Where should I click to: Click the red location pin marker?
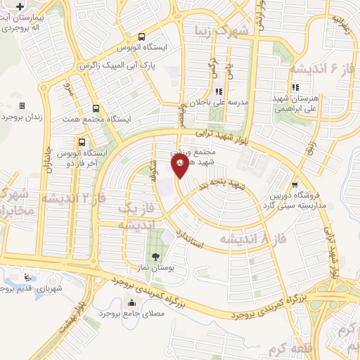(x=180, y=167)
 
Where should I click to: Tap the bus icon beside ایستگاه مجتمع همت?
(x=96, y=108)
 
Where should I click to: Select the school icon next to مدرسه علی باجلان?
(x=218, y=92)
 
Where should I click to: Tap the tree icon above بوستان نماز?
(x=155, y=256)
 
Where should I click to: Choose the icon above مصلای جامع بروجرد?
(x=132, y=303)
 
